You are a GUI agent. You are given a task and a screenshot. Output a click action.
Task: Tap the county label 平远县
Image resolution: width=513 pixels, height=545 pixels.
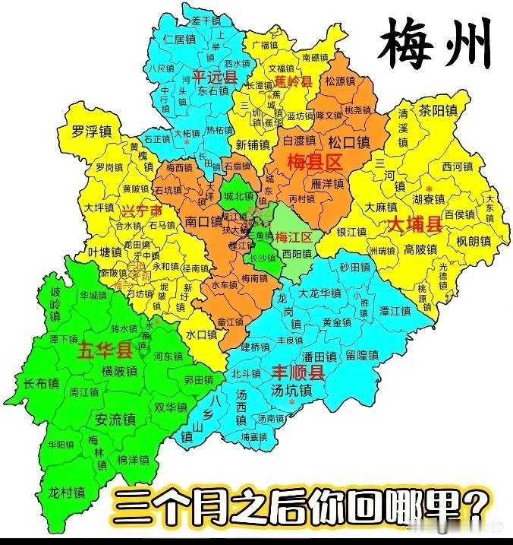pyautogui.click(x=215, y=77)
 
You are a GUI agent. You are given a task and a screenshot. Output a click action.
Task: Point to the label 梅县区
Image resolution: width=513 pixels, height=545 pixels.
pyautogui.click(x=315, y=161)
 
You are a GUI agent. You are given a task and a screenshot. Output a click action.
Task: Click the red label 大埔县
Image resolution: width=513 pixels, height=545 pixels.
pyautogui.click(x=414, y=224)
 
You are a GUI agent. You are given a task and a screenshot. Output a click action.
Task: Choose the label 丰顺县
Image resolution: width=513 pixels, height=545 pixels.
pyautogui.click(x=298, y=372)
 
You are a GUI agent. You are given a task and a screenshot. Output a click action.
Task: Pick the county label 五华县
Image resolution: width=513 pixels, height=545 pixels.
pyautogui.click(x=105, y=350)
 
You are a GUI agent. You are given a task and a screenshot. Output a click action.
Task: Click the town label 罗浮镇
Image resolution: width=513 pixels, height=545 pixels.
pyautogui.click(x=91, y=131)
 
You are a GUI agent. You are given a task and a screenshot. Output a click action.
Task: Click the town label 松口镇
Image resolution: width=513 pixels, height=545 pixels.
pyautogui.click(x=348, y=141)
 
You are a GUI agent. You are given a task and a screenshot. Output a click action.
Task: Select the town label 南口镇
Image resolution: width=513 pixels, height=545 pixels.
pyautogui.click(x=203, y=222)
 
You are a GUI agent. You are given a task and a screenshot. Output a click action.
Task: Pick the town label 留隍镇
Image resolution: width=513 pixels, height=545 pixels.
pyautogui.click(x=362, y=355)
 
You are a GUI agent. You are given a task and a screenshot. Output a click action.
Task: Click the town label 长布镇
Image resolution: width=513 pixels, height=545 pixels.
pyautogui.click(x=40, y=383)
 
